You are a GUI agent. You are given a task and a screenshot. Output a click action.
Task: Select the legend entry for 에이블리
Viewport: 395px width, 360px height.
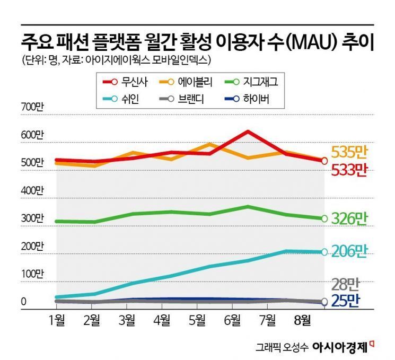186,82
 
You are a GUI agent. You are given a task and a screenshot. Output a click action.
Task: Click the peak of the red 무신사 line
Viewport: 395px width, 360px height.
248,131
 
